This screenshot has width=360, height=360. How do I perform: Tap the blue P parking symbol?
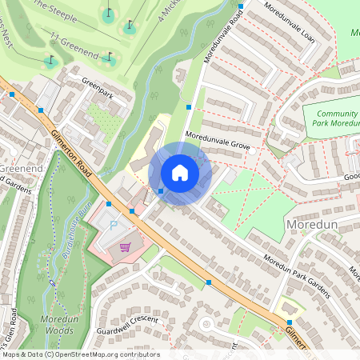click(x=113, y=226)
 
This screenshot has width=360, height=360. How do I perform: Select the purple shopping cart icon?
click(x=125, y=246)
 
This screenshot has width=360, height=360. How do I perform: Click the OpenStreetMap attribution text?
click(x=80, y=354)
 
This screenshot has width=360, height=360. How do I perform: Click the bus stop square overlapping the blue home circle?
click(x=161, y=191)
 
